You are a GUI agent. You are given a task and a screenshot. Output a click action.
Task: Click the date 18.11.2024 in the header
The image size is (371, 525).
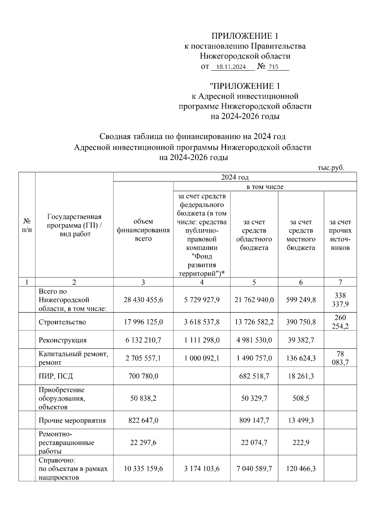tap(231, 67)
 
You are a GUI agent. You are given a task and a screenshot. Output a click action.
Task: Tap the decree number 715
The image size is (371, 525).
tap(273, 67)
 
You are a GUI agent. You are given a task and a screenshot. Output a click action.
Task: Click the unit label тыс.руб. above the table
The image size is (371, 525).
tap(331, 168)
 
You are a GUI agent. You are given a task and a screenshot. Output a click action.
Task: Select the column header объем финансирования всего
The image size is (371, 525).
tap(143, 230)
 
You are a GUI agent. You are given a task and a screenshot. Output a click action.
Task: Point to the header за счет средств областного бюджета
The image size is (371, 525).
tap(254, 235)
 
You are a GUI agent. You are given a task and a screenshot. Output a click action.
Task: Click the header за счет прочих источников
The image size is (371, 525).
tap(340, 235)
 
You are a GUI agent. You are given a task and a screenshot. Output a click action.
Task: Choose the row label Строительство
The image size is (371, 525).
tap(62, 322)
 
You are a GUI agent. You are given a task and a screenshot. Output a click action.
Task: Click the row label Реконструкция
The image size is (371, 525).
tap(62, 340)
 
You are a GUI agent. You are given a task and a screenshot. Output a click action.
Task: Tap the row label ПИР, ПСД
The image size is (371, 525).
tap(56, 376)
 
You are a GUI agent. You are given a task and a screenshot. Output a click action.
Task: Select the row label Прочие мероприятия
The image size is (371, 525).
tap(72, 420)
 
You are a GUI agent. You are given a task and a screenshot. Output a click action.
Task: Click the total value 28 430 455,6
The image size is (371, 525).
tap(143, 300)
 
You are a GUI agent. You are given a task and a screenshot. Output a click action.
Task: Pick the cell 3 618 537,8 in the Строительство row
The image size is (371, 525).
tap(202, 322)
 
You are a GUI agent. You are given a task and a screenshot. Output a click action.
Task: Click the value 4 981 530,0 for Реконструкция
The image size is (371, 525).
tap(254, 340)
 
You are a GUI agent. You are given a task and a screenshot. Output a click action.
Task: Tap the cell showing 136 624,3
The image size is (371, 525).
tap(301, 358)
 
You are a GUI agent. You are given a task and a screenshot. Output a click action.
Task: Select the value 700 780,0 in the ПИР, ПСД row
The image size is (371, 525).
tap(143, 376)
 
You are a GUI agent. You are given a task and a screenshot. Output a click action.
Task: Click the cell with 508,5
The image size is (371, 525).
tap(301, 398)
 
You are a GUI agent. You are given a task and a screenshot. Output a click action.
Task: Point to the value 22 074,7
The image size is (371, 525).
tap(254, 443)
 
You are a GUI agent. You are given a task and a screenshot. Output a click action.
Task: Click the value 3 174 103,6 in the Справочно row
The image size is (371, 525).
tap(202, 469)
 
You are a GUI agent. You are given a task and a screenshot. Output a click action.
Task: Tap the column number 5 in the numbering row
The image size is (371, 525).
tap(254, 282)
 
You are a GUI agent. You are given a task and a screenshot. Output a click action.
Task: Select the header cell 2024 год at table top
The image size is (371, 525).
tap(235, 177)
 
